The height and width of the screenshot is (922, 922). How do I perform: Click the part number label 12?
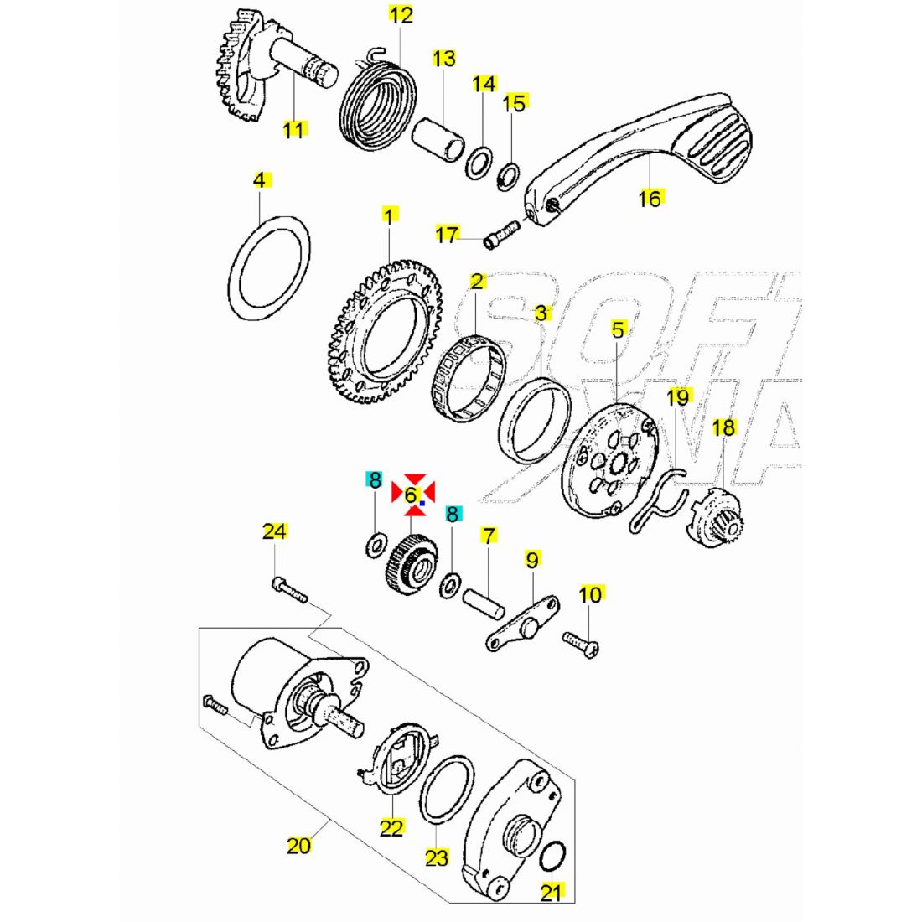click(401, 15)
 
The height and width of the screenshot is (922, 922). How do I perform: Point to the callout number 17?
click(448, 234)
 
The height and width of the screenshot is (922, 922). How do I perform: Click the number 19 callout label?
click(677, 396)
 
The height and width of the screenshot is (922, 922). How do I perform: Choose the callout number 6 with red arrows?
click(411, 495)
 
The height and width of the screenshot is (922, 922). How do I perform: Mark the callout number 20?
click(298, 845)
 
